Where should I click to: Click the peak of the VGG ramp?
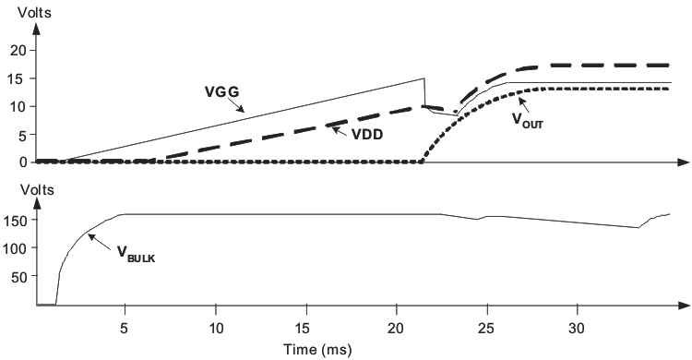pos(424,78)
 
